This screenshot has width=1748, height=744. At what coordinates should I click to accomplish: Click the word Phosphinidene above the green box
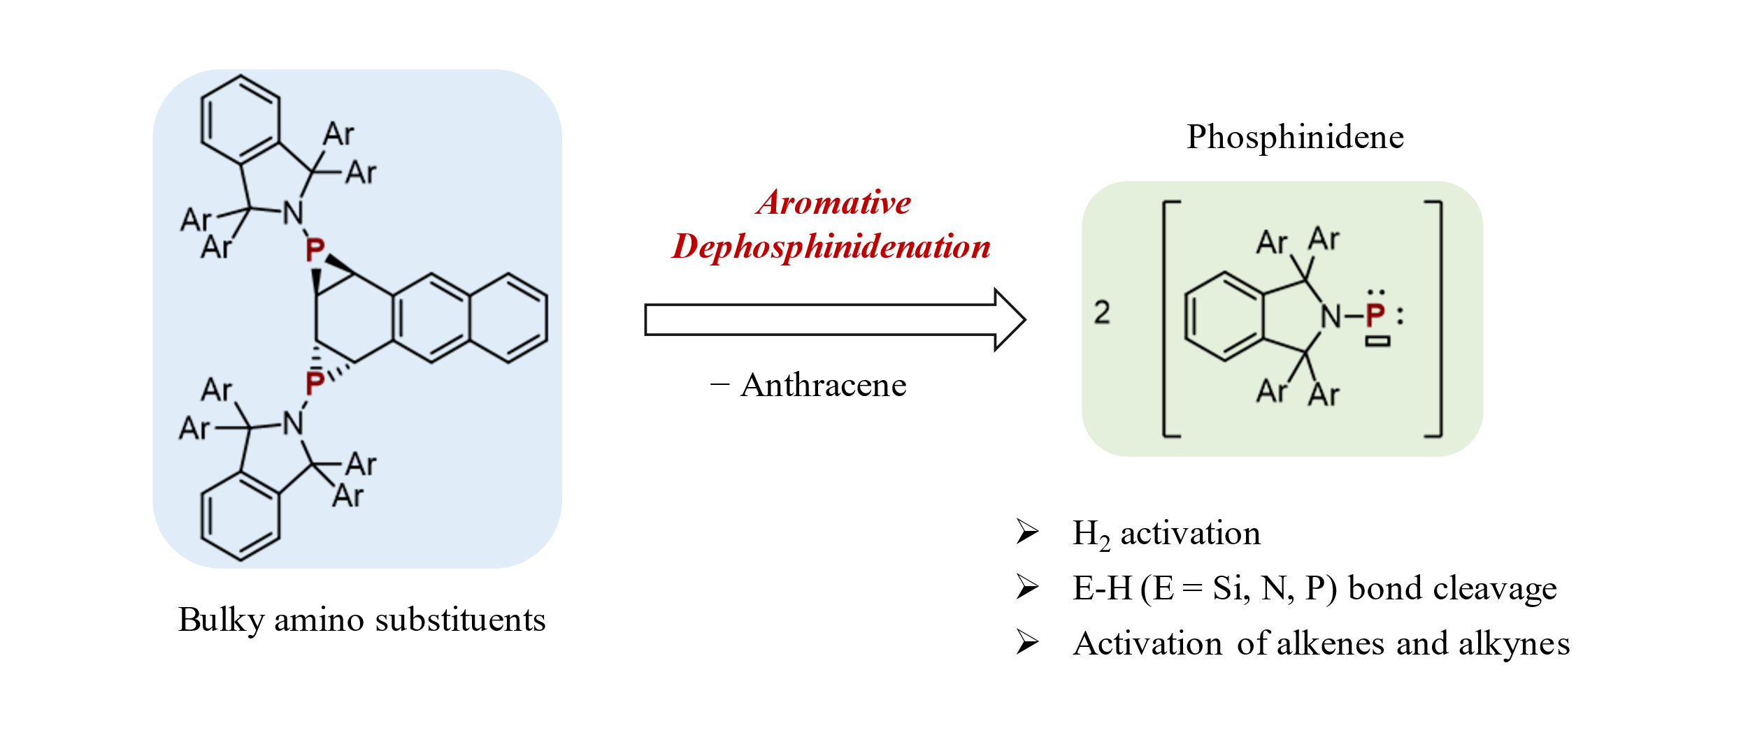(x=1295, y=137)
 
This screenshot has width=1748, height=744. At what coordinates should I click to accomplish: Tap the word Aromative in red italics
(x=833, y=203)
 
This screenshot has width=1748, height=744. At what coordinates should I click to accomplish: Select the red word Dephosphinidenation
(x=831, y=247)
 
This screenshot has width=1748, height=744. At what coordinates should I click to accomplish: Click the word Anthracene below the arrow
(x=823, y=385)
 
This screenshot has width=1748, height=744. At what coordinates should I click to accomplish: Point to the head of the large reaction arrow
(x=1010, y=320)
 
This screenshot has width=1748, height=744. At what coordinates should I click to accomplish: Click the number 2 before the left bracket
(x=1102, y=312)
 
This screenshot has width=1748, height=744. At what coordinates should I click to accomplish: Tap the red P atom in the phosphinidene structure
(x=1375, y=316)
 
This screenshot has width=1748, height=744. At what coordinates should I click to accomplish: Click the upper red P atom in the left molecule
(x=315, y=250)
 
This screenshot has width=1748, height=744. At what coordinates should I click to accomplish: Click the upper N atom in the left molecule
(x=293, y=213)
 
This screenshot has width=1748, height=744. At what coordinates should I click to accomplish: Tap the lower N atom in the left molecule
(x=293, y=423)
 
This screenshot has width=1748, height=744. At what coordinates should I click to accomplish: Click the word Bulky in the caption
(x=221, y=620)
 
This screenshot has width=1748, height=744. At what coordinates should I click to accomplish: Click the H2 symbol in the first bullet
(x=1091, y=534)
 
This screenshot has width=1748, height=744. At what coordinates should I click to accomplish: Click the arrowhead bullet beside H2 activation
(x=1027, y=532)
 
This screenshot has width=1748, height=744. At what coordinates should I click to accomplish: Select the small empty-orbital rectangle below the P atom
(x=1377, y=342)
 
